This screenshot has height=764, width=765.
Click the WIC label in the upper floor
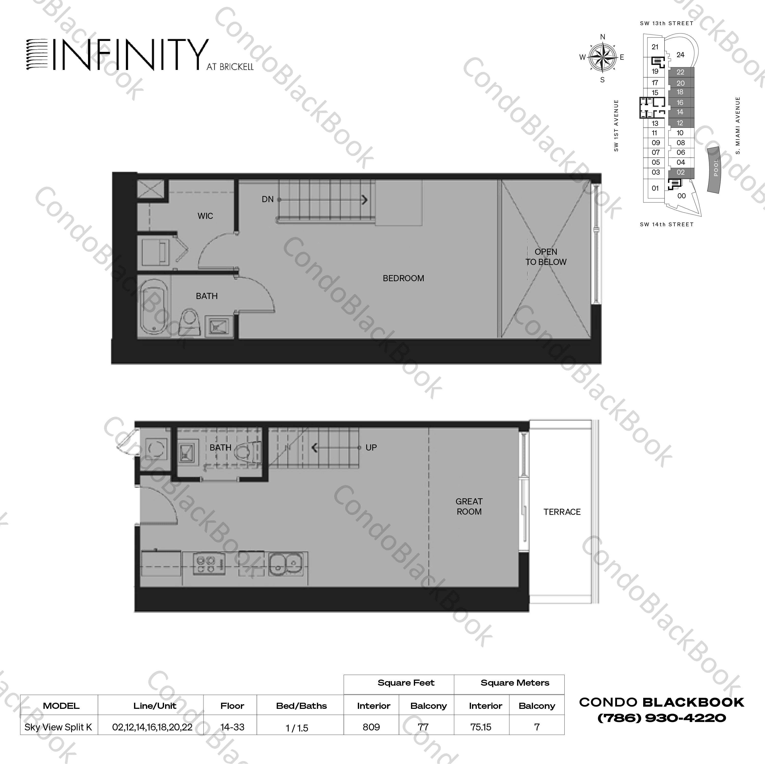pos(205,216)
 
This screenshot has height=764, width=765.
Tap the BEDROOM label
pos(403,278)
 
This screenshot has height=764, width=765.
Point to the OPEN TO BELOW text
pos(546,257)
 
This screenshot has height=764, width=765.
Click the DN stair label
pos(268,199)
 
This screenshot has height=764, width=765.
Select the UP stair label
pos(371,447)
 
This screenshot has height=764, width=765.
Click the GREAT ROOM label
pos(469,506)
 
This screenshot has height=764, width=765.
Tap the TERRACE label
pos(562,512)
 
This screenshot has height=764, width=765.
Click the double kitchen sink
pos(286,564)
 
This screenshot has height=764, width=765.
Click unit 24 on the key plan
pos(680,55)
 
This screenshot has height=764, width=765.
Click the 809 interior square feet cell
pos(371,727)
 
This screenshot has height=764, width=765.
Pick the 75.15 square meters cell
pos(481,727)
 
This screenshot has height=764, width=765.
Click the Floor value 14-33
pos(232,727)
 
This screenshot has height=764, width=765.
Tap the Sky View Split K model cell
pos(58,727)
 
